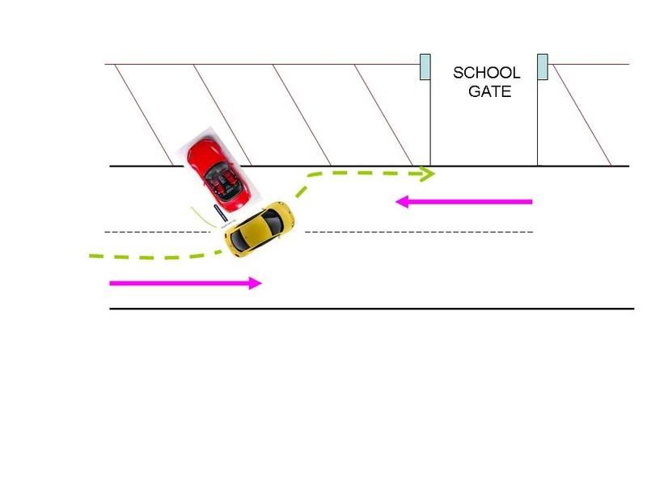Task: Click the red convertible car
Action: (218, 175)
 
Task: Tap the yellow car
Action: (260, 229)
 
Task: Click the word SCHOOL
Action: (487, 73)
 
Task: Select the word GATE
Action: (490, 91)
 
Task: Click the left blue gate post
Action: (425, 66)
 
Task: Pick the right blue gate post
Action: (543, 66)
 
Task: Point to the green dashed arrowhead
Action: (427, 174)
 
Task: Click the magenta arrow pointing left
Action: (463, 201)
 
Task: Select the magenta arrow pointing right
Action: (185, 284)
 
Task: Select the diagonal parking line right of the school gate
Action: (581, 115)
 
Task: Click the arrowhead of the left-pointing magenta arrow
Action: (401, 201)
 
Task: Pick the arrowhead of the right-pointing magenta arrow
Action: (256, 284)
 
